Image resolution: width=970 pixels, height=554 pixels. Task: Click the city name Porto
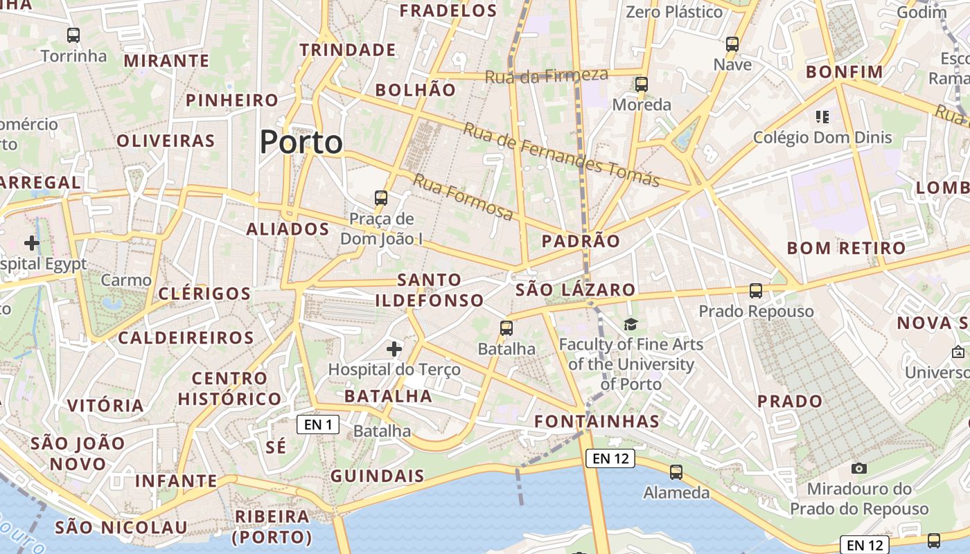301,143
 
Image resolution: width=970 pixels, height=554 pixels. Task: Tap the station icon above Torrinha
73,35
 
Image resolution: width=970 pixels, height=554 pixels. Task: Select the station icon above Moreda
642,84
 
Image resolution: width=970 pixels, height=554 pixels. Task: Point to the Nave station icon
732,44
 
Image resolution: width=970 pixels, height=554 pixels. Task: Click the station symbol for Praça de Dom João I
381,198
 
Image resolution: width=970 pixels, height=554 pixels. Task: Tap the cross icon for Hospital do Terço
394,348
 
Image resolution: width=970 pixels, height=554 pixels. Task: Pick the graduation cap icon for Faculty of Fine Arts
630,324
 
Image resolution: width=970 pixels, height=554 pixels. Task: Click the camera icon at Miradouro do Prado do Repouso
859,469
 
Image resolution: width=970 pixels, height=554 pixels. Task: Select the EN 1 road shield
318,425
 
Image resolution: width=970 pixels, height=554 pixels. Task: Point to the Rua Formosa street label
463,197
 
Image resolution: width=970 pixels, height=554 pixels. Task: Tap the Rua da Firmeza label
546,75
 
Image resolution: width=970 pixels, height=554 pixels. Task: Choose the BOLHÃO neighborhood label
416,90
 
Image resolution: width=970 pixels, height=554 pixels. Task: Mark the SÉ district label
276,447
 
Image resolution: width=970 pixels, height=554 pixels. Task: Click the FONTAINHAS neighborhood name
597,421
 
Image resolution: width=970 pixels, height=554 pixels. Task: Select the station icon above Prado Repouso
756,291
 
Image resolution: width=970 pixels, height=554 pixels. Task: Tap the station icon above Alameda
676,472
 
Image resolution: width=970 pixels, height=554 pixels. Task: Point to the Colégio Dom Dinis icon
822,116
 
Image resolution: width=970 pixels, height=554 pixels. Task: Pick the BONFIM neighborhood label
845,72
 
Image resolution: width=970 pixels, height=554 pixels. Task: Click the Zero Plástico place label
674,12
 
